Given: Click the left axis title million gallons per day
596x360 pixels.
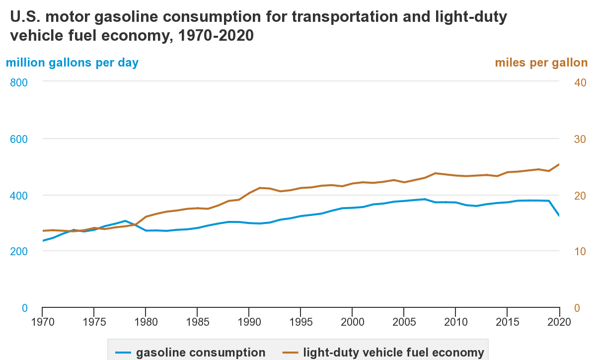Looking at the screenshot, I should (72, 63).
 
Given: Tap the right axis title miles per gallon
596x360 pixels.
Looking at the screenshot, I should (541, 63).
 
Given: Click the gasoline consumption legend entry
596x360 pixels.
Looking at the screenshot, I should (201, 353).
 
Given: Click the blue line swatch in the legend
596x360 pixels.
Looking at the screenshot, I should (123, 353).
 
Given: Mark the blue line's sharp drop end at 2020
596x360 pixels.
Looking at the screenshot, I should (559, 216).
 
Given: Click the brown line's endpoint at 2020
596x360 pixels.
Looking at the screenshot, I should (559, 164).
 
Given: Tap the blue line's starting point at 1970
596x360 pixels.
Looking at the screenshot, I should (43, 241).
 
